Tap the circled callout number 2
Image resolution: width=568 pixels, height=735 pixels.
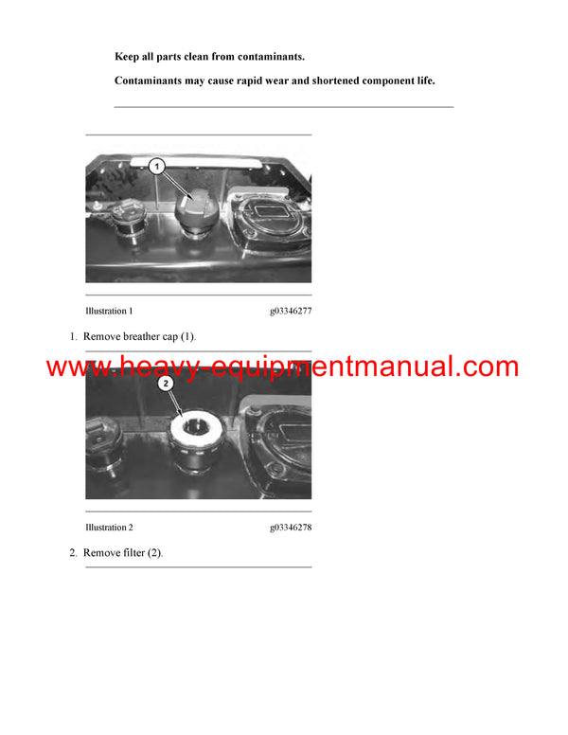(165, 384)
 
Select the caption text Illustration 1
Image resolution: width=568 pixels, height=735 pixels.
(109, 311)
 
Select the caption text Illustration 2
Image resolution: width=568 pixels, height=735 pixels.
(109, 528)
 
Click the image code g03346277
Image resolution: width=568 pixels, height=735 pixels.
(290, 311)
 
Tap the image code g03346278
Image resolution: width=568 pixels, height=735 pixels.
(290, 528)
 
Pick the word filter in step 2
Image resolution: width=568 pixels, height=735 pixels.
(134, 553)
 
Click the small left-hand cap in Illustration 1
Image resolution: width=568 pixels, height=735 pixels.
(125, 223)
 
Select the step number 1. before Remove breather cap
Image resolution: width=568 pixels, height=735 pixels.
(73, 336)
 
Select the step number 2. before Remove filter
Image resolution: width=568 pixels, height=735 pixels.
(73, 553)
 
